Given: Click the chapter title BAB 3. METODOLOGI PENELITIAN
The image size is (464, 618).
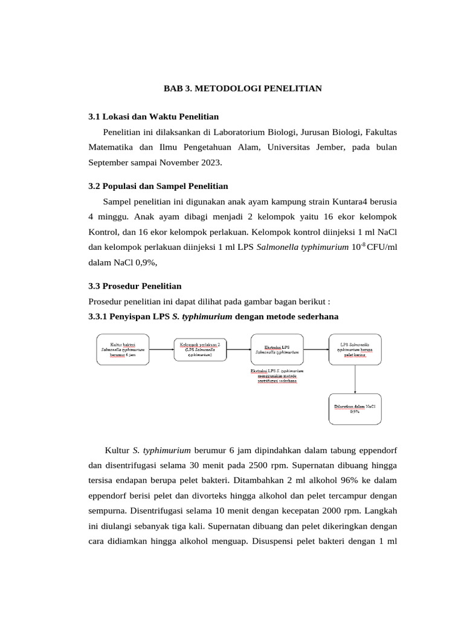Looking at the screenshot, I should [x=243, y=89].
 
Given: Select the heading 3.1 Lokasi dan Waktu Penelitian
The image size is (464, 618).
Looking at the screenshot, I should [x=153, y=116].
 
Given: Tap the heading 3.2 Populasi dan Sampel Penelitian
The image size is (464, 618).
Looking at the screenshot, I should [x=158, y=186].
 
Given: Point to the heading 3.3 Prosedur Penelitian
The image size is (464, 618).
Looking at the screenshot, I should [x=135, y=286].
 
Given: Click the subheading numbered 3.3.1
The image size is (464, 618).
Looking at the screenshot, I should [x=213, y=316].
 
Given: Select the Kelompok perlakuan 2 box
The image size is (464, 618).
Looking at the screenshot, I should [x=199, y=349].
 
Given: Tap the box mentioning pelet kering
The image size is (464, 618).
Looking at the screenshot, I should [x=355, y=349].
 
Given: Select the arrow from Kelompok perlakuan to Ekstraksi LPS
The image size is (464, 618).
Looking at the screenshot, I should [x=238, y=349].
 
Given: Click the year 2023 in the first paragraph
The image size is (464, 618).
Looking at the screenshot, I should [x=210, y=162].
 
